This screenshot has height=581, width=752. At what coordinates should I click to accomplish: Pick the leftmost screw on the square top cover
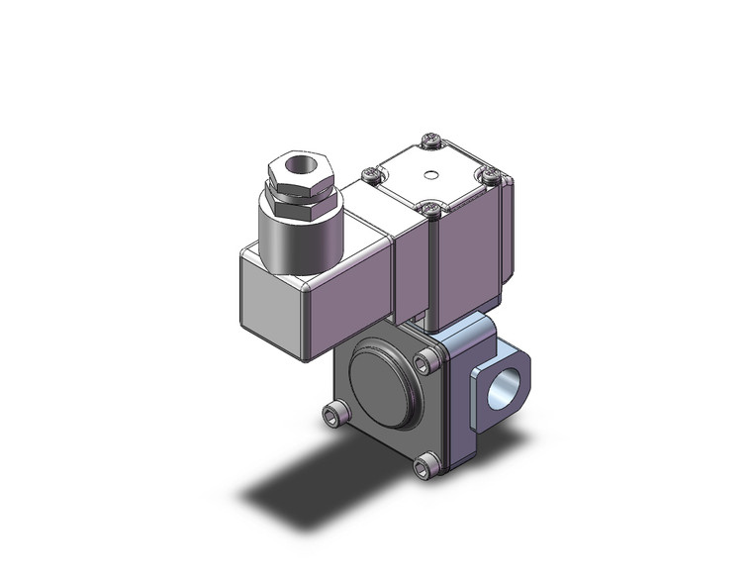click(371, 174)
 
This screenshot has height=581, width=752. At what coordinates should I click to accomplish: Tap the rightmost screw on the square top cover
click(488, 175)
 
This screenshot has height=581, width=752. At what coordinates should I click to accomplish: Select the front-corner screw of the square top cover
click(429, 209)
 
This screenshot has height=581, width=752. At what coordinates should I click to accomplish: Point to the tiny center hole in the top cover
click(428, 176)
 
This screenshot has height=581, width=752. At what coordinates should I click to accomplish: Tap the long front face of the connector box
click(351, 317)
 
